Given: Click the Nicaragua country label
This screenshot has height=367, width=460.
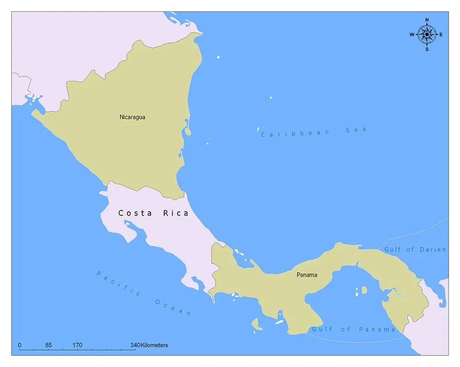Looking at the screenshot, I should tap(132, 117).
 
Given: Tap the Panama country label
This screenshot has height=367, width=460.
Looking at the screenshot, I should tap(307, 275).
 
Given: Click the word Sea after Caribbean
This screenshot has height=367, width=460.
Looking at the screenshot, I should tap(356, 130).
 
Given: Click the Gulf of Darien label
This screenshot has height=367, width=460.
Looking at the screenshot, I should tap(415, 250).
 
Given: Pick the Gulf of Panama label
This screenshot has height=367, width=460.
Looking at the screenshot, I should tap(353, 329).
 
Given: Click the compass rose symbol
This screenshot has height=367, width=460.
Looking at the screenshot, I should tap(427, 35).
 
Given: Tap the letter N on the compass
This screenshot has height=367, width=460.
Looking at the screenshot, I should tap(427, 20).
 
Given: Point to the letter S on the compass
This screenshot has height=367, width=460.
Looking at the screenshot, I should tap(427, 49).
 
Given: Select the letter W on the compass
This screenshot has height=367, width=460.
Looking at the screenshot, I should tap(412, 35).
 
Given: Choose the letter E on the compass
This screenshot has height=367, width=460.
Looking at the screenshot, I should tap(441, 35).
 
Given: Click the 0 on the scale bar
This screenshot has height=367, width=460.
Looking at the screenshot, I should tap(19, 345).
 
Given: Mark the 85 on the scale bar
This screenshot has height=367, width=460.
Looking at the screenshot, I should tap(48, 345).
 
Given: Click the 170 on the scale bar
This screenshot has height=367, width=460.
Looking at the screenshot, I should tap(77, 345).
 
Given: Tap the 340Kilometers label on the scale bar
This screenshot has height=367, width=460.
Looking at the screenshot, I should tap(149, 345).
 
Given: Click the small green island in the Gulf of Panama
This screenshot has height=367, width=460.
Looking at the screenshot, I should tap(364, 290).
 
